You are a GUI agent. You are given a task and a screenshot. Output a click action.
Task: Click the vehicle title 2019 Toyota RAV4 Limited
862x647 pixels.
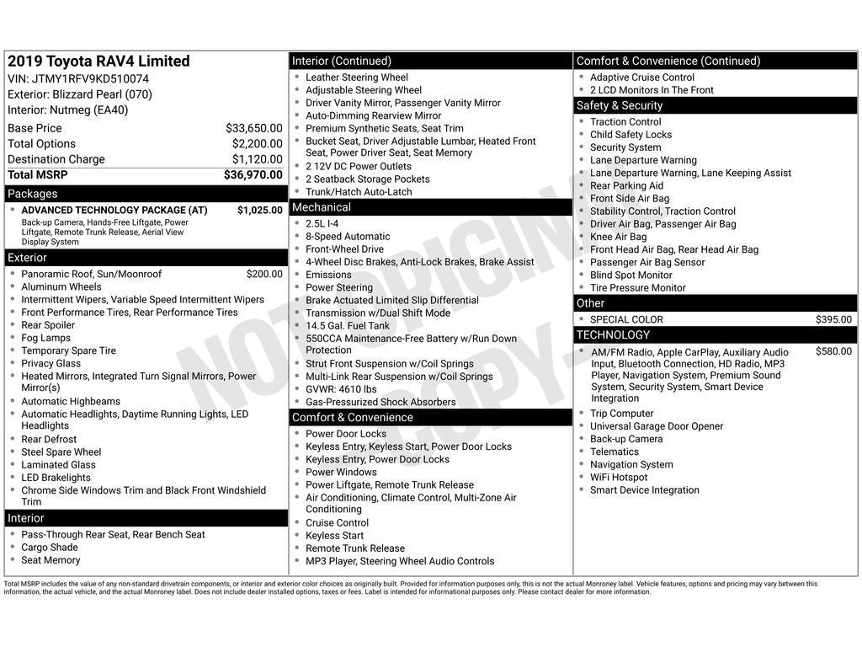click(x=98, y=61)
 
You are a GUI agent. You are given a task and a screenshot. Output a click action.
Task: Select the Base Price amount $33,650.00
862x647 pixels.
click(x=253, y=128)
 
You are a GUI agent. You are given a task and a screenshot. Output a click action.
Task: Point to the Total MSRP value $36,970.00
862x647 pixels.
click(x=253, y=175)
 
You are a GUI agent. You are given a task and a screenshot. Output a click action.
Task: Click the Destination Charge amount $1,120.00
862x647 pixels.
click(x=257, y=159)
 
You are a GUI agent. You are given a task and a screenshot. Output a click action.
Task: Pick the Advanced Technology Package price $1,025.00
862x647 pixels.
click(x=259, y=211)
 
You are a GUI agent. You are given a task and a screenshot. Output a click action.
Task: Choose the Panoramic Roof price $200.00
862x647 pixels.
click(x=264, y=274)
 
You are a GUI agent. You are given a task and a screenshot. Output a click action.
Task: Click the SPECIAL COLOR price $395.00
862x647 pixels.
click(x=833, y=319)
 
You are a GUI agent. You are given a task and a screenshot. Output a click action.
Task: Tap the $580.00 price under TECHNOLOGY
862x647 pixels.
click(x=833, y=351)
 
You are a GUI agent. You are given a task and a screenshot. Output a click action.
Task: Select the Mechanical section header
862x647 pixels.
click(x=321, y=207)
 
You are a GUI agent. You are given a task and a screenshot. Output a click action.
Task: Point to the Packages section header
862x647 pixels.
click(x=32, y=194)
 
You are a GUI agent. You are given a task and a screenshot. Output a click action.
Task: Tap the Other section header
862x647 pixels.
click(x=590, y=303)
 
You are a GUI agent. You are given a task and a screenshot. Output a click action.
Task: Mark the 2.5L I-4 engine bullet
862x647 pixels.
click(x=322, y=224)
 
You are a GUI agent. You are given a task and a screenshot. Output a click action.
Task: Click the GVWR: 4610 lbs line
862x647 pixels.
click(x=341, y=389)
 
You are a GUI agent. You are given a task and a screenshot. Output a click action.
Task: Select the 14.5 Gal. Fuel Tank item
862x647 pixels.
click(x=348, y=325)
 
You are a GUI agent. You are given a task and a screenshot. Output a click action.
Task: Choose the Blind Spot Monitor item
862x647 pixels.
click(x=631, y=275)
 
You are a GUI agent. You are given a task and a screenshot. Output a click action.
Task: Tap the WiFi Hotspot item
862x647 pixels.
click(x=619, y=477)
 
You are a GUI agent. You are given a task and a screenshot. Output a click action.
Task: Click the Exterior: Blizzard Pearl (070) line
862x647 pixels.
click(x=80, y=94)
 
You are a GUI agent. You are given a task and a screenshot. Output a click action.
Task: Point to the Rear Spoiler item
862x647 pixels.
click(x=48, y=325)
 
